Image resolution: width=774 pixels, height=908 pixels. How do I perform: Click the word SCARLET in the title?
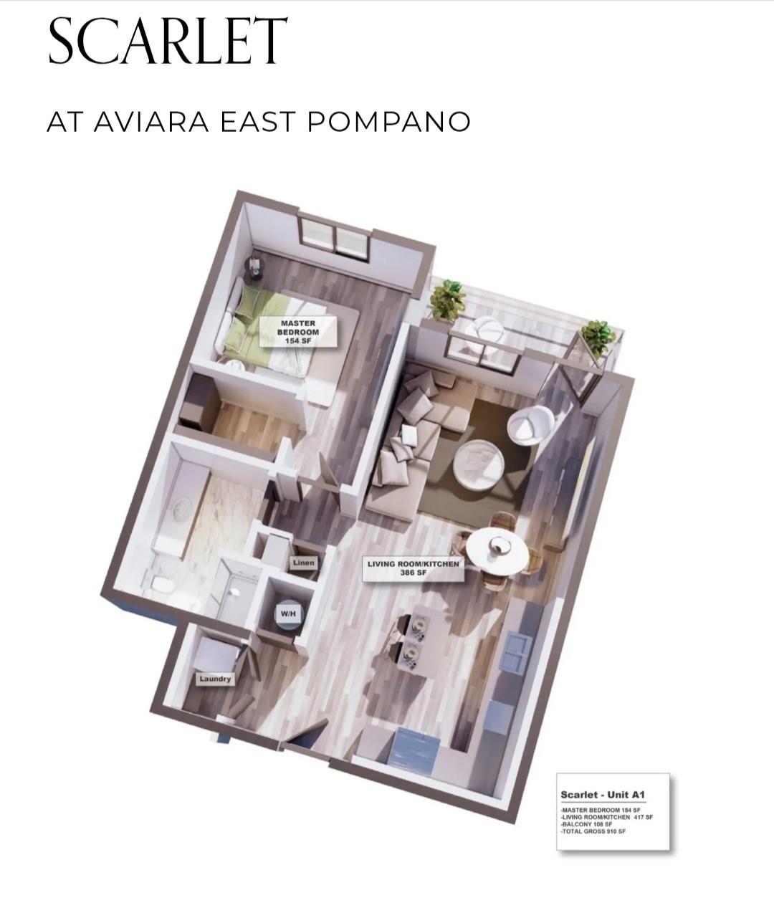point(168,42)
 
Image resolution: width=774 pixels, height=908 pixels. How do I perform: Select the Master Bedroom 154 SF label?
point(297,332)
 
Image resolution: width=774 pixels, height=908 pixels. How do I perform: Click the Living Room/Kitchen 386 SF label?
point(413,568)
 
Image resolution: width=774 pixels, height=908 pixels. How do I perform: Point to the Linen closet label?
point(303,563)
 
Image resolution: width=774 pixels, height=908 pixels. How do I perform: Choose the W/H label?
point(287,614)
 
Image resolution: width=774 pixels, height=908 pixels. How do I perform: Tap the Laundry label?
point(215,679)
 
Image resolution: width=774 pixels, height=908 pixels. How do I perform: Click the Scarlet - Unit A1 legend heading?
point(603,795)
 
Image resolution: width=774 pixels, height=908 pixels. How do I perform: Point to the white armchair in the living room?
point(530,426)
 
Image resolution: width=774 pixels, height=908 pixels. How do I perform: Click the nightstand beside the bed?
point(254,269)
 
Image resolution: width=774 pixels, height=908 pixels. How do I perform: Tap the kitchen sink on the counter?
point(516,652)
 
